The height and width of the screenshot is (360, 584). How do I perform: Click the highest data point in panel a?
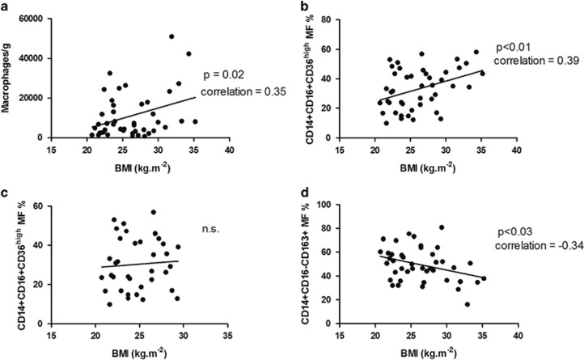pyautogui.click(x=171, y=36)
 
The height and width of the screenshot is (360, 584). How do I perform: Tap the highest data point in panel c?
pyautogui.click(x=153, y=213)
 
